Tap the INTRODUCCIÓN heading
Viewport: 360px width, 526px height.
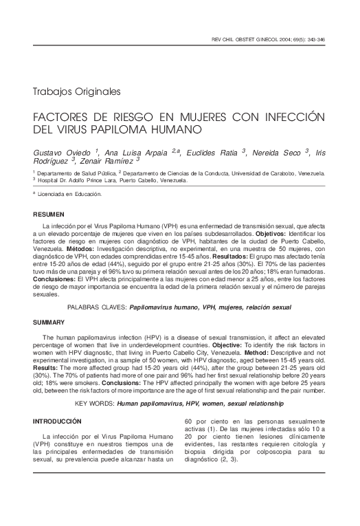(57, 420)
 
